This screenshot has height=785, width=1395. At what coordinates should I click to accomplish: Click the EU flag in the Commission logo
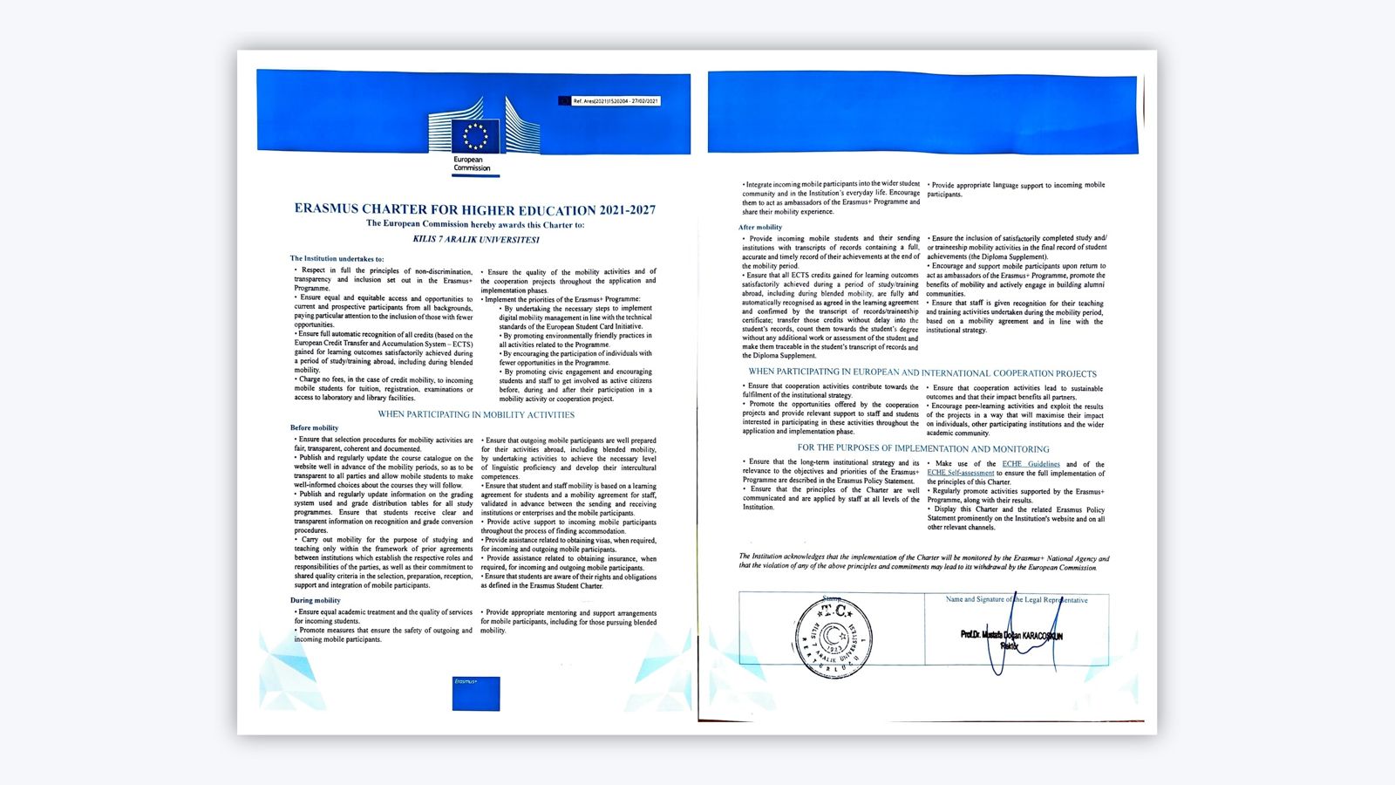[475, 136]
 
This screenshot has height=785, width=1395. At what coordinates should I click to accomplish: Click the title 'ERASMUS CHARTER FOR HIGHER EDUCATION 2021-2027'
[475, 209]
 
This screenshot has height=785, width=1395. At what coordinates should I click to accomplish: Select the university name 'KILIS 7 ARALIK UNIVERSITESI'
[475, 239]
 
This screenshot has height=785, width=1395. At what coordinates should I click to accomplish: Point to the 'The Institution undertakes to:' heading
[337, 258]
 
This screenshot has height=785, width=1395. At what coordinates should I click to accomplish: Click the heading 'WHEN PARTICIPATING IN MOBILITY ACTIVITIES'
[476, 414]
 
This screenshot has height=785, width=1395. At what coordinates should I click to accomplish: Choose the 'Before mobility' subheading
[314, 427]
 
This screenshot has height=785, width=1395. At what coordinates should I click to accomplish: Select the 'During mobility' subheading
[315, 600]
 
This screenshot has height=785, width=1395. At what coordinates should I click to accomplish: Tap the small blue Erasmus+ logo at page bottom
[476, 693]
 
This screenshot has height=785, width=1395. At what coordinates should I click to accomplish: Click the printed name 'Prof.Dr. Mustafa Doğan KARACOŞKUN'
[1011, 635]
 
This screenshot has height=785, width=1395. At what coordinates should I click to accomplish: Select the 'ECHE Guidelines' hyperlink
[1031, 464]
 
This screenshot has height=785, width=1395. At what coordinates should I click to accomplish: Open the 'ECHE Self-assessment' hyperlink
[960, 473]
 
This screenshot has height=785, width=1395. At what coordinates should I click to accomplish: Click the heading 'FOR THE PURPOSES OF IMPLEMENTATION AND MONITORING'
[923, 448]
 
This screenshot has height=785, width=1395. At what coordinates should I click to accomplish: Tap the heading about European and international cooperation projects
[922, 372]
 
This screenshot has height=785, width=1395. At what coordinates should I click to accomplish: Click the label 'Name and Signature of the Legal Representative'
[1017, 599]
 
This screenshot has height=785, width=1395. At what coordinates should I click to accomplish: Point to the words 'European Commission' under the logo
[472, 164]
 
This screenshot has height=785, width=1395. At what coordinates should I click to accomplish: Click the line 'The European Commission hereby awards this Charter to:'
[475, 224]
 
